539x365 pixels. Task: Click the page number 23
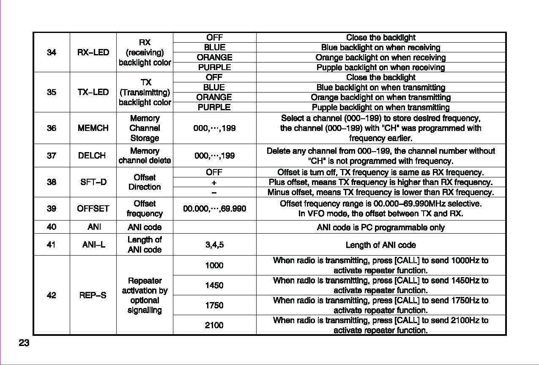24,343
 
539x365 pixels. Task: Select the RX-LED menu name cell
93,52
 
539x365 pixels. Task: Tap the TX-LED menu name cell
93,92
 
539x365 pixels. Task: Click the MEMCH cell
93,128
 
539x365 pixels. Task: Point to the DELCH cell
92,155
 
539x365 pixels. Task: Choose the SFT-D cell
93,182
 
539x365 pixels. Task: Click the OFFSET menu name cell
93,209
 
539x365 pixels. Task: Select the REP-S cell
93,295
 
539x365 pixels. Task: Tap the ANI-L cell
93,245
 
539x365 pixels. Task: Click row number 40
52,227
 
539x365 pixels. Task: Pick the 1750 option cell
214,305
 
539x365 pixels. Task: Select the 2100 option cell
214,325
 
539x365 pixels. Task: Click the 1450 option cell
214,286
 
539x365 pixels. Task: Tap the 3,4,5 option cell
214,245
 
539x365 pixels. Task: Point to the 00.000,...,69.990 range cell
214,209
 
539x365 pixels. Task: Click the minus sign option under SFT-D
214,193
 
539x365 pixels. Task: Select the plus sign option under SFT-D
214,182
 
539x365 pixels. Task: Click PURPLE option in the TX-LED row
214,107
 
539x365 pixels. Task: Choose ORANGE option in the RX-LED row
214,57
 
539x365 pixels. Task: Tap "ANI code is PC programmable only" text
380,228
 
